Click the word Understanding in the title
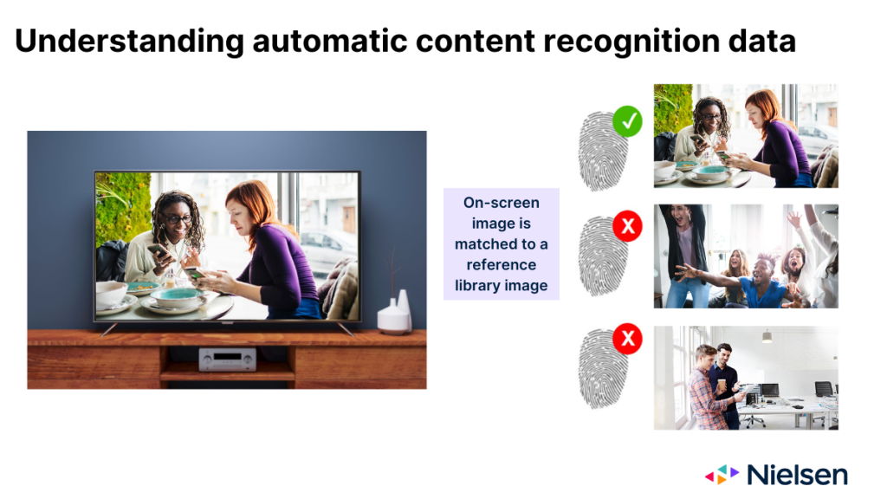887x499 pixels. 130,42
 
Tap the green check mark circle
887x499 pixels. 627,121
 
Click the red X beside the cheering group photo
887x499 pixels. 627,226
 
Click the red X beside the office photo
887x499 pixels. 627,339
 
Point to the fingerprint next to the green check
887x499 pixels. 602,152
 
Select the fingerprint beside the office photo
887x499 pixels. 602,369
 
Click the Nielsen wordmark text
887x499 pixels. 797,475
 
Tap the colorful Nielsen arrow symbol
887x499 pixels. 722,474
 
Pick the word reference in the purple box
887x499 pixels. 502,265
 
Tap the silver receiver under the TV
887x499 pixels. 228,360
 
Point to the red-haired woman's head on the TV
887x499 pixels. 248,204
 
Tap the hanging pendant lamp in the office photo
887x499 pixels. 767,337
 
